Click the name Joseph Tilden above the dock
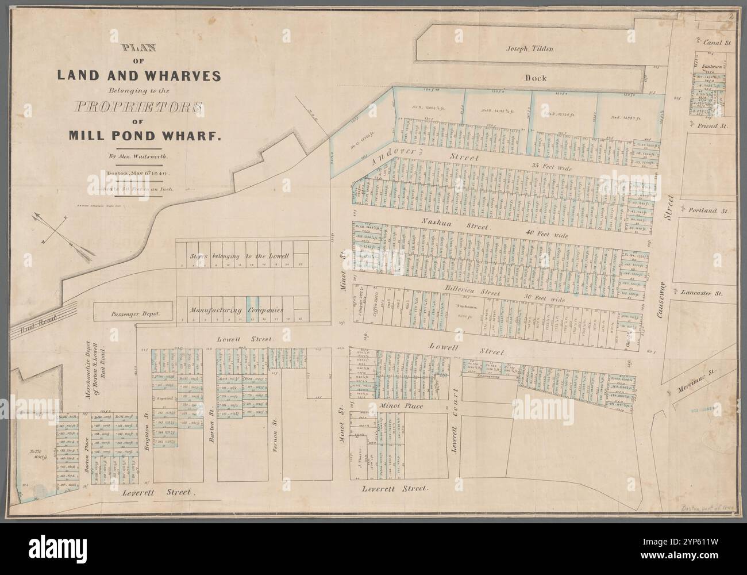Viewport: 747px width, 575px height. [x=529, y=49]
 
